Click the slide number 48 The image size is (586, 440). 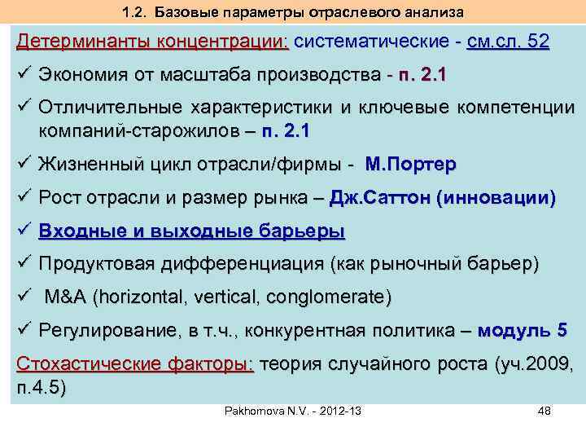click(544, 411)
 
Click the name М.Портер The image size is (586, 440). click(411, 165)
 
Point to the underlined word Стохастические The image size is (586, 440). click(81, 363)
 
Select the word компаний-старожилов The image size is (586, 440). click(135, 130)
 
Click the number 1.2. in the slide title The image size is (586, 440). click(135, 12)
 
